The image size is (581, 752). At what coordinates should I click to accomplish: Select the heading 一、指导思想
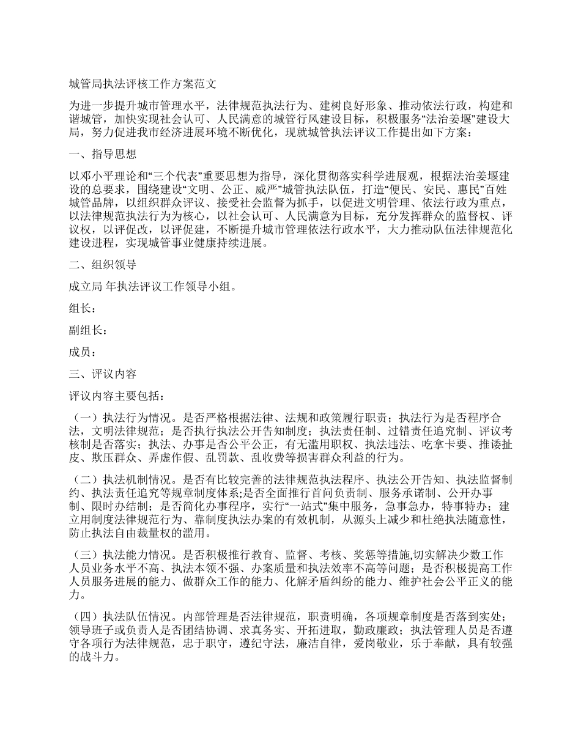102,154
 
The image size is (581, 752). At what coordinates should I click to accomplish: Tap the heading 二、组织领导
102,265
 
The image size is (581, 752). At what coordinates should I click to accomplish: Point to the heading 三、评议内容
102,374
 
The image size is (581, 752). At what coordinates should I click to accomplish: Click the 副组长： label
89,331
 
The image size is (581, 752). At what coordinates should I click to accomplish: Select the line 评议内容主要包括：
116,396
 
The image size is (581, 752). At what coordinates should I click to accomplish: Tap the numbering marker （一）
84,418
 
